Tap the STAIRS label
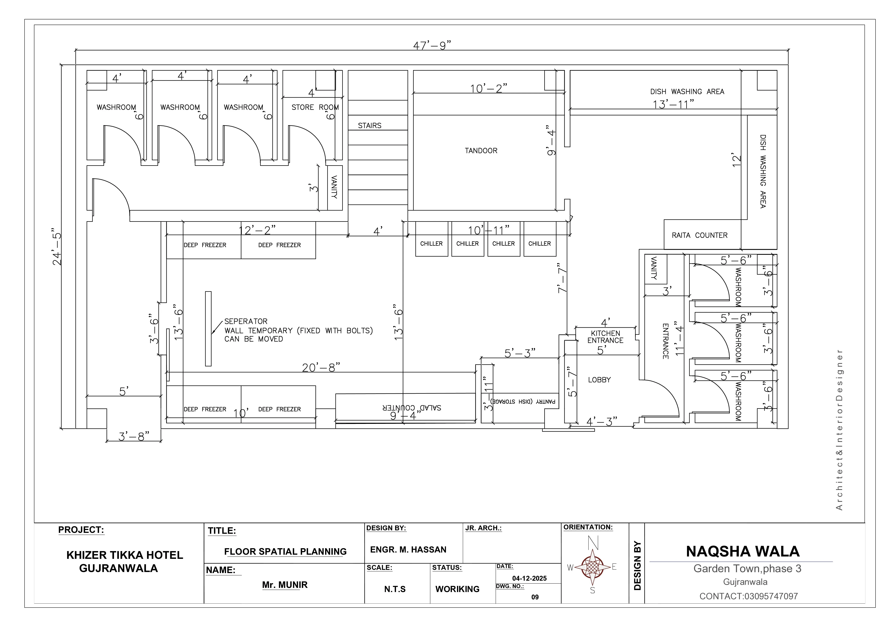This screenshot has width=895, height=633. pyautogui.click(x=369, y=126)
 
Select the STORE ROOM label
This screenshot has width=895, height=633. pyautogui.click(x=315, y=107)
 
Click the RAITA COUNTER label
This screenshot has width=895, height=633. pyautogui.click(x=699, y=235)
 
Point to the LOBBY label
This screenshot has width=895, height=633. pyautogui.click(x=599, y=380)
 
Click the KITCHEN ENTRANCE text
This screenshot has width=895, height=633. pyautogui.click(x=605, y=337)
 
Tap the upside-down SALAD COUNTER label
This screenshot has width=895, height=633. pyautogui.click(x=412, y=408)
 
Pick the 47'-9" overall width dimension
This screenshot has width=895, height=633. pyautogui.click(x=432, y=46)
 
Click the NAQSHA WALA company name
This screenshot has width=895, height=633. pyautogui.click(x=743, y=552)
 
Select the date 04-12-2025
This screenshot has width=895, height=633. pyautogui.click(x=529, y=579)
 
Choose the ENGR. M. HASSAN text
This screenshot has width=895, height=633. pyautogui.click(x=408, y=550)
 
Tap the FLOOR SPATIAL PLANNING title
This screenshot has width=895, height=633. pyautogui.click(x=285, y=552)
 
